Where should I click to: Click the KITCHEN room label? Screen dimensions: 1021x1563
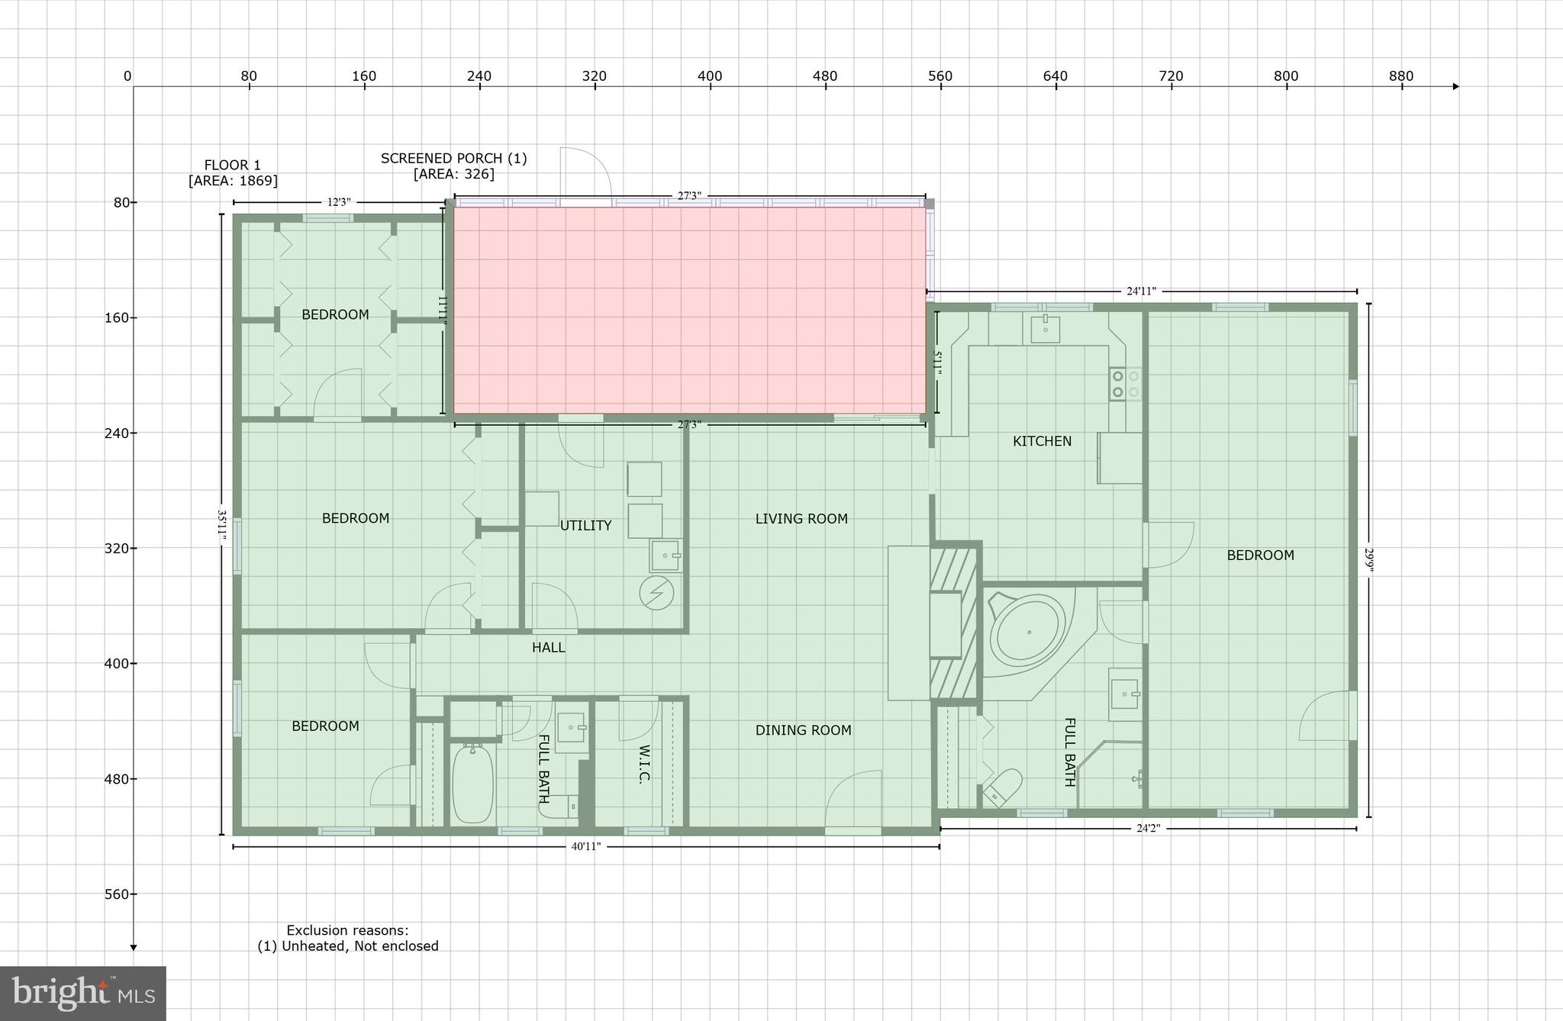click(1042, 441)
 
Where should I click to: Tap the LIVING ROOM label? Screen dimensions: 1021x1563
click(801, 519)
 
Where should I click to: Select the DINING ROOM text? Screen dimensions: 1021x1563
click(803, 730)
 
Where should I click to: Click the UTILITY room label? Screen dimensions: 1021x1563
click(585, 526)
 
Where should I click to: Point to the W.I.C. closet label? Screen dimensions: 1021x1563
click(643, 764)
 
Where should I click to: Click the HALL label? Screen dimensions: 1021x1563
click(548, 648)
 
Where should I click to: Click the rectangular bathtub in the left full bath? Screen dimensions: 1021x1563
click(472, 783)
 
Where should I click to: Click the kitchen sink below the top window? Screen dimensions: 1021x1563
click(1045, 330)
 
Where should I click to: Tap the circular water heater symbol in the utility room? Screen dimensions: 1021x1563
click(656, 593)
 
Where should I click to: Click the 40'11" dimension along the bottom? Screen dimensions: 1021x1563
click(586, 846)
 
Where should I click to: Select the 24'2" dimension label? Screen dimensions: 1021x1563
click(1148, 829)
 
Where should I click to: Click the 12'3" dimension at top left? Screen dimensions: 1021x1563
click(338, 202)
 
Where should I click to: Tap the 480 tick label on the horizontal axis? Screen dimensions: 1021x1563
click(825, 76)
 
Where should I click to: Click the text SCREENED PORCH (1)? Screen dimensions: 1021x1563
click(453, 159)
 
